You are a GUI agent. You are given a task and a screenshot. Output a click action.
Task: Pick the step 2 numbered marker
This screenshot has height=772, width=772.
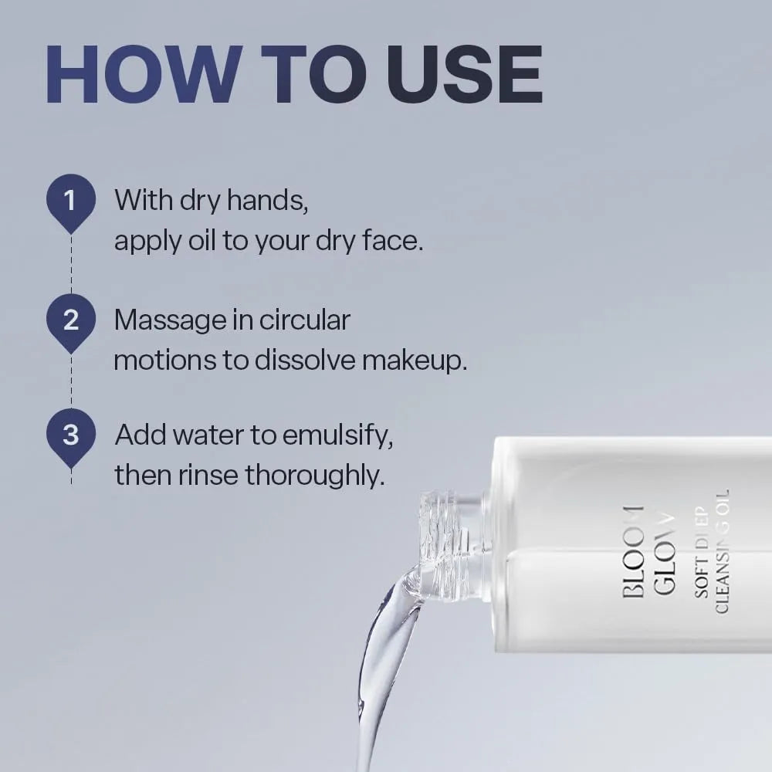pyautogui.click(x=71, y=320)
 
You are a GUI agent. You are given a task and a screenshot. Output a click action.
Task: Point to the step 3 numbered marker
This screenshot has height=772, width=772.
pyautogui.click(x=71, y=435)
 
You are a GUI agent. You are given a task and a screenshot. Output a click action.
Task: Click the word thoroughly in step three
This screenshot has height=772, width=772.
pyautogui.click(x=315, y=476)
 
